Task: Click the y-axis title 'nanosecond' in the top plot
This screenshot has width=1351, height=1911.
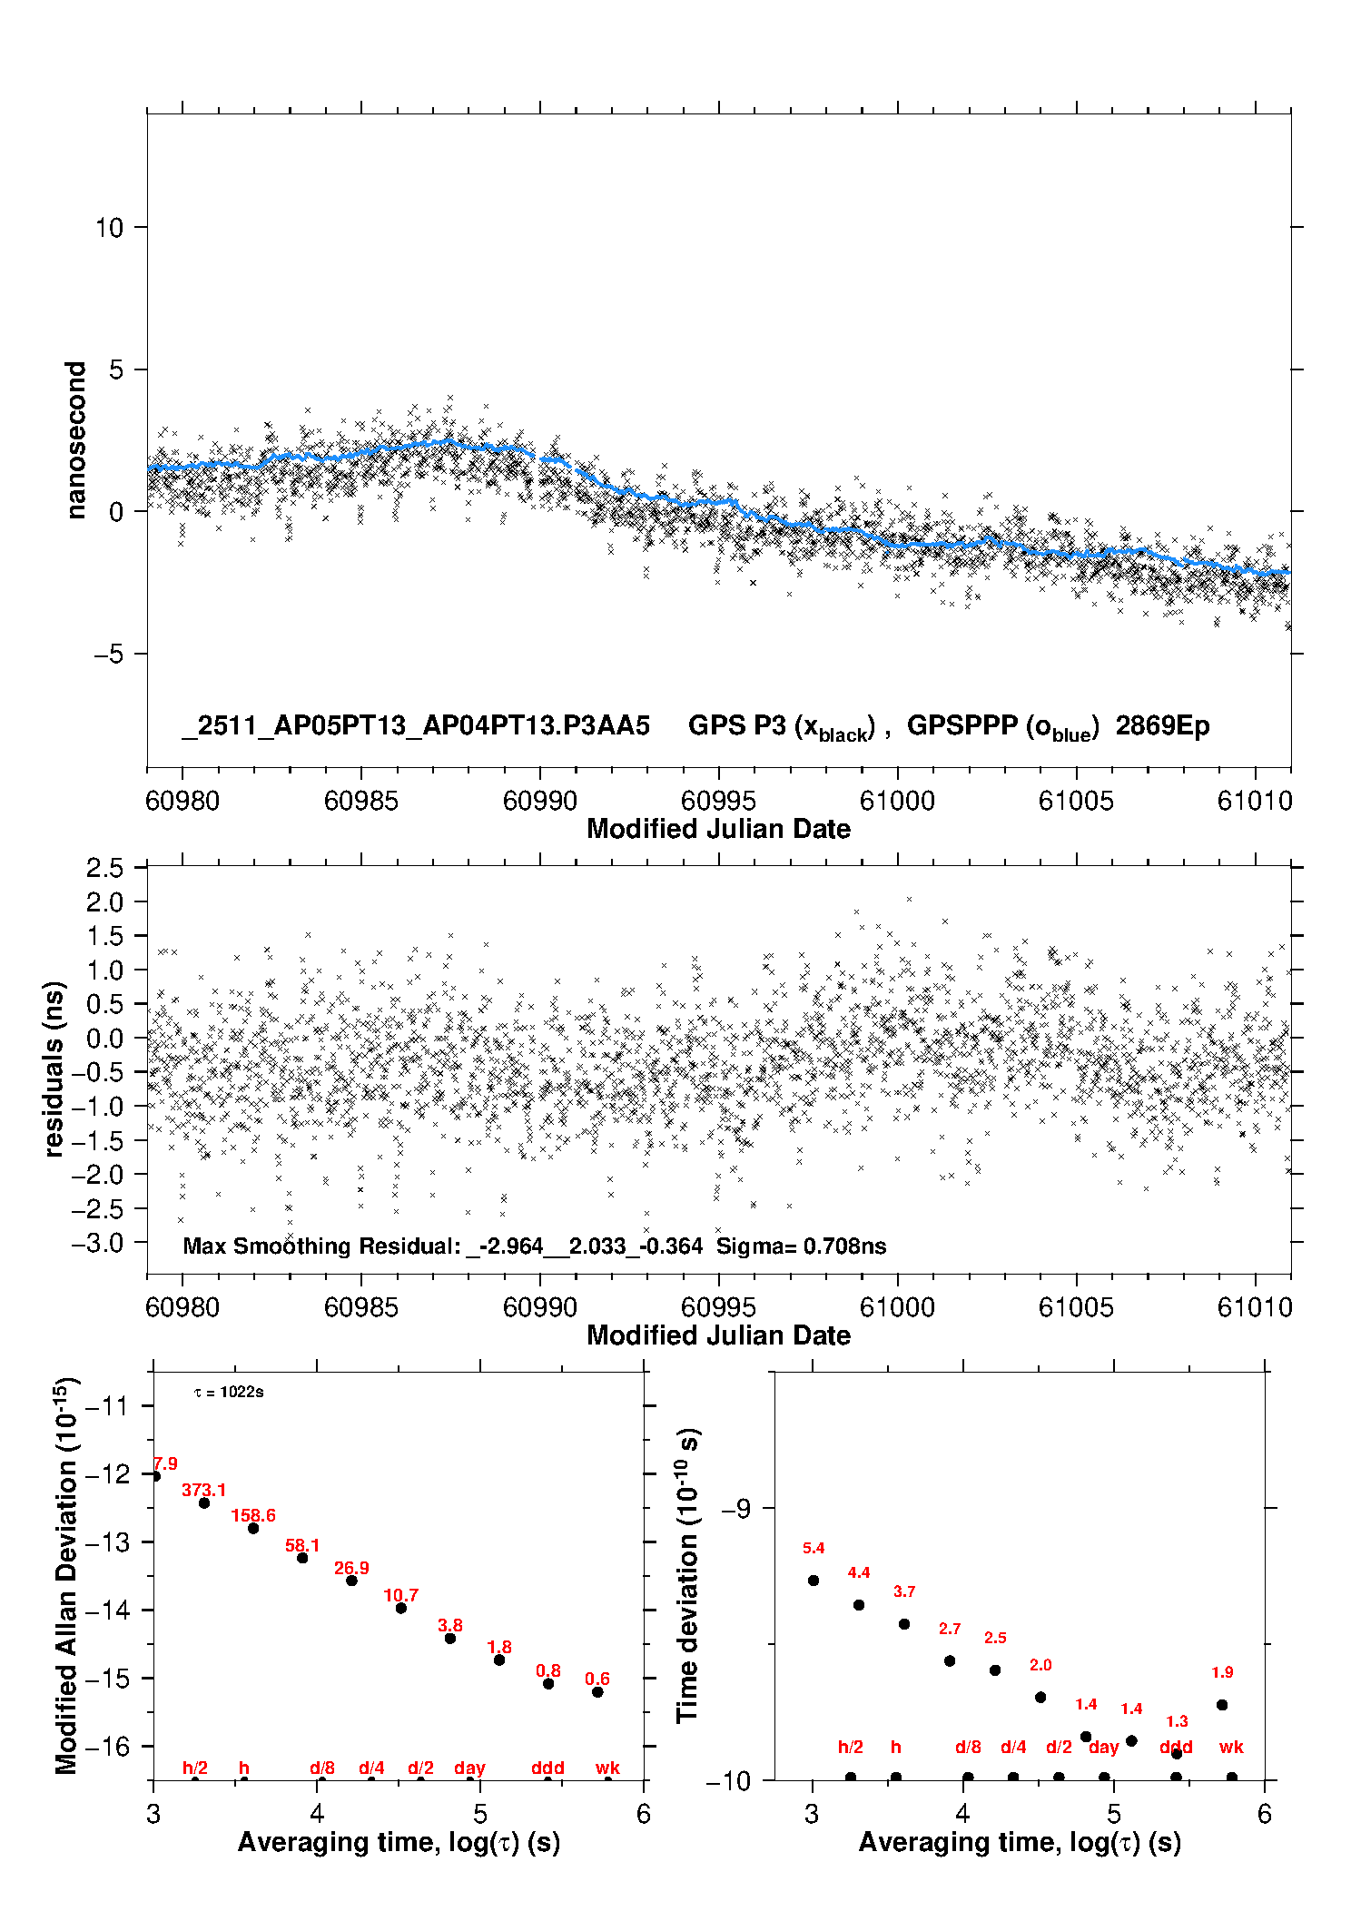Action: pyautogui.click(x=76, y=440)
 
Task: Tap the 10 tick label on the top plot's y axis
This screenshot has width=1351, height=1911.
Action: pyautogui.click(x=109, y=228)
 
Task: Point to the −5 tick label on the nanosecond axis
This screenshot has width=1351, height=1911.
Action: pyautogui.click(x=108, y=655)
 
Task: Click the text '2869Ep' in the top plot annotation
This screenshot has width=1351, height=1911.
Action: pyautogui.click(x=1162, y=726)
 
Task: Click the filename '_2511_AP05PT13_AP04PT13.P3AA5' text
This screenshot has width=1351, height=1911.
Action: pyautogui.click(x=416, y=726)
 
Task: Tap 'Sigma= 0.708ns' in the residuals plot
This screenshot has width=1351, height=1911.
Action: pyautogui.click(x=801, y=1246)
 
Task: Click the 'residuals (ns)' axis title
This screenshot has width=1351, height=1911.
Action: pyautogui.click(x=54, y=1069)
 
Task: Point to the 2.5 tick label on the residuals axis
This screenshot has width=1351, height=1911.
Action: pyautogui.click(x=104, y=869)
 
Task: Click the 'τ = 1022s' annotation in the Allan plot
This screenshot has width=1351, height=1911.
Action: pyautogui.click(x=229, y=1393)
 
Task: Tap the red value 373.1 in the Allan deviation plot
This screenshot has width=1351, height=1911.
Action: pyautogui.click(x=203, y=1491)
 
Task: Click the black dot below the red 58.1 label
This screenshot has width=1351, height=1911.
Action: pyautogui.click(x=302, y=1558)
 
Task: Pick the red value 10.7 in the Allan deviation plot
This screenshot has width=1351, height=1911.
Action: pyautogui.click(x=400, y=1595)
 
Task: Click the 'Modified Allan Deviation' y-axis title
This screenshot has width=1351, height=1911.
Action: pyautogui.click(x=66, y=1575)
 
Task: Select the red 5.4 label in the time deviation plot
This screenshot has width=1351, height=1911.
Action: pyautogui.click(x=814, y=1548)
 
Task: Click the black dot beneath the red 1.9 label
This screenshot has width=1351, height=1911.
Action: pyautogui.click(x=1222, y=1705)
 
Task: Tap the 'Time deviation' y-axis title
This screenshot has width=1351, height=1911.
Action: pyautogui.click(x=687, y=1576)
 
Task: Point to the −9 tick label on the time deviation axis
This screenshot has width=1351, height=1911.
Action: pyautogui.click(x=735, y=1509)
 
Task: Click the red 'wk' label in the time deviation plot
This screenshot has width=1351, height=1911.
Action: pyautogui.click(x=1230, y=1747)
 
